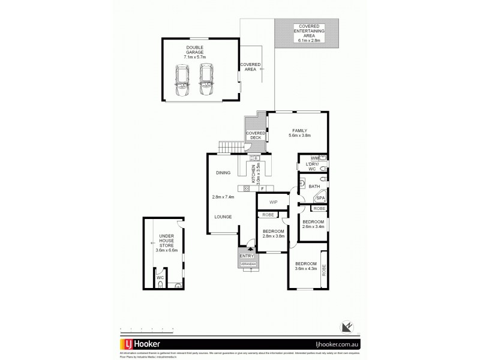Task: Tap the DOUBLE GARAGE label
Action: click(x=194, y=52)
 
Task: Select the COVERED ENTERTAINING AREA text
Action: click(x=307, y=33)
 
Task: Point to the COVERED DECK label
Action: click(x=255, y=136)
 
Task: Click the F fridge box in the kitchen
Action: click(x=262, y=188)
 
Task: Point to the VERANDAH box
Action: click(x=248, y=263)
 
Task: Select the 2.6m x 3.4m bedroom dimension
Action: click(x=313, y=226)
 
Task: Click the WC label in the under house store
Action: click(x=160, y=278)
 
